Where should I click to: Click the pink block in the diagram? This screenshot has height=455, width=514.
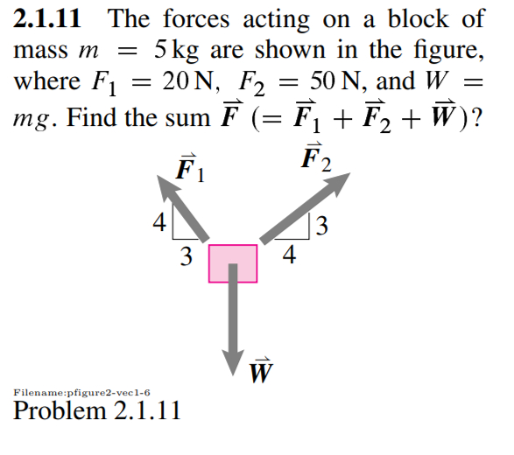coord(233,263)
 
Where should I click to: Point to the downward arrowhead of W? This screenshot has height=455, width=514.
coord(234,360)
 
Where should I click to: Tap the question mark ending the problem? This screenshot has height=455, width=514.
coord(478,115)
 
